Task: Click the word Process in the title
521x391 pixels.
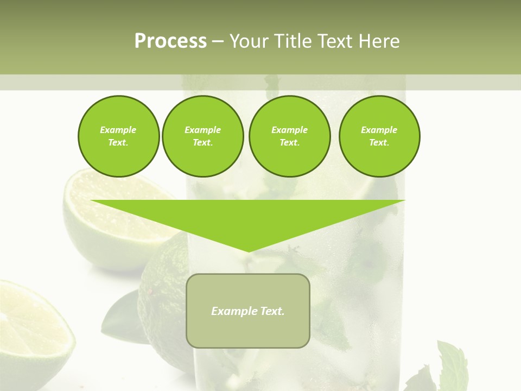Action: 170,41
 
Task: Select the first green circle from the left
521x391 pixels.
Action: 118,136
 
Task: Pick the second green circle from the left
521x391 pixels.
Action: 203,136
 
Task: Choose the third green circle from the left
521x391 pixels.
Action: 289,136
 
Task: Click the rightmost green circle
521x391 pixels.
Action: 379,136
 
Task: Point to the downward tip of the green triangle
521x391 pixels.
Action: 249,250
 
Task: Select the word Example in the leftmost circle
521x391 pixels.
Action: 118,130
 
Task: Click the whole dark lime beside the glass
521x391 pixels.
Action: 163,299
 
